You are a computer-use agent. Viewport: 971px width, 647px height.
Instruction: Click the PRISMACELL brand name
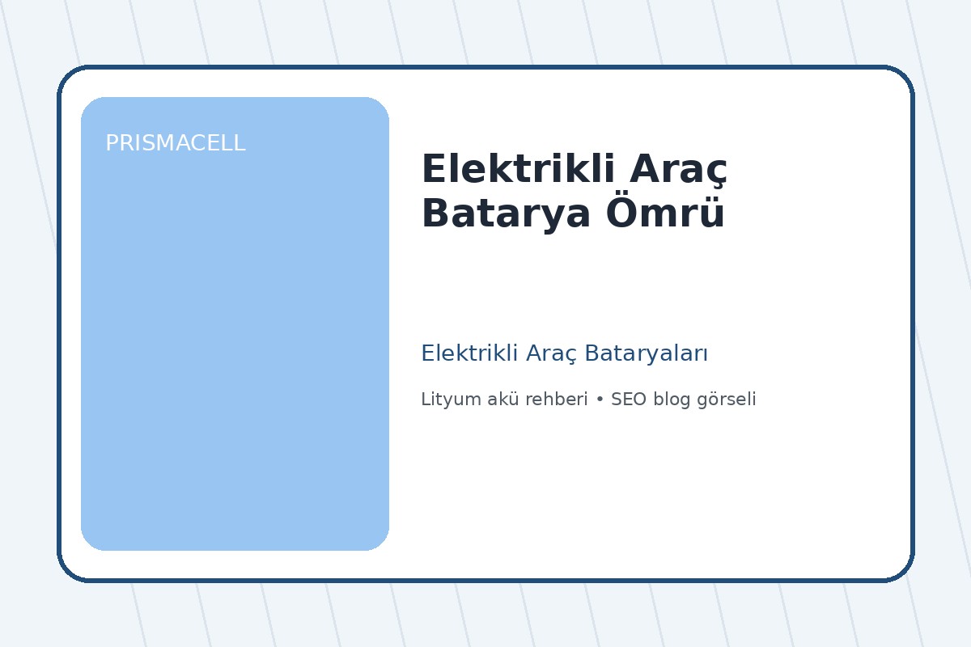pos(175,143)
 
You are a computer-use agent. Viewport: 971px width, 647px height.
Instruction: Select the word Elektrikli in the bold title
pos(513,170)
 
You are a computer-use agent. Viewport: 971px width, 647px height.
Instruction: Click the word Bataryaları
pos(647,353)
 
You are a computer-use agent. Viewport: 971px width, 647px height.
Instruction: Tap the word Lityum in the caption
pos(446,400)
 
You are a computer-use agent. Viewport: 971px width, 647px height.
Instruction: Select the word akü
pos(493,400)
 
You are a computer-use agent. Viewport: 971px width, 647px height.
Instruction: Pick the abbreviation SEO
pos(628,400)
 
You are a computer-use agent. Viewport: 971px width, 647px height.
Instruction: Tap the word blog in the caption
pos(670,400)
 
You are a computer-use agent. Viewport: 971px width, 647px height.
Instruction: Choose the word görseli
pos(726,400)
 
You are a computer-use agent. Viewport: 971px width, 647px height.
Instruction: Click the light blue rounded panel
pos(235,340)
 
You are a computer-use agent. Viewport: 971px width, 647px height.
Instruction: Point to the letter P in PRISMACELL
pos(112,143)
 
